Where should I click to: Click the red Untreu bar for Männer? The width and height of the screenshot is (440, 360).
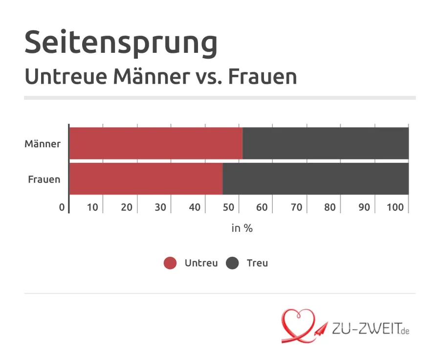[x=155, y=143]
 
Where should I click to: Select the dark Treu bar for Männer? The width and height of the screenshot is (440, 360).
[x=326, y=143]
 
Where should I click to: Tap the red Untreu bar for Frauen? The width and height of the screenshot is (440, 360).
[x=146, y=179]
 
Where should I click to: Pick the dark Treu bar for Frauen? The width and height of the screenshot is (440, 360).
[x=316, y=179]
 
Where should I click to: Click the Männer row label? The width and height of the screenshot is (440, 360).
[x=43, y=144]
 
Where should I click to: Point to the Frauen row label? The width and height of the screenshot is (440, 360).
[x=44, y=179]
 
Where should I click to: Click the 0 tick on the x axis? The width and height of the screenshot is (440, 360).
[x=62, y=207]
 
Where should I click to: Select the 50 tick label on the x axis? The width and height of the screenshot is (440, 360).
[x=228, y=207]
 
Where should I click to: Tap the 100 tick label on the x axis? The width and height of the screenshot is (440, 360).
[x=395, y=207]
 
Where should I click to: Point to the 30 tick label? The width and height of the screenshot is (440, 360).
[x=160, y=207]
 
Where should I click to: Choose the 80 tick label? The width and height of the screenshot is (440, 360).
[x=330, y=207]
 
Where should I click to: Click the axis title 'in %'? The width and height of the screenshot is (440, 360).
[x=242, y=228]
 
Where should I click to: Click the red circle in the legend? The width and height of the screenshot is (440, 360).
[x=170, y=263]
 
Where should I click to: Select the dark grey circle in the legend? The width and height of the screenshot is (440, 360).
[x=232, y=263]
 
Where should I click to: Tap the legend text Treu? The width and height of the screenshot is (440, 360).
[x=257, y=263]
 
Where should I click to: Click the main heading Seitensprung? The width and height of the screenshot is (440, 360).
[x=121, y=43]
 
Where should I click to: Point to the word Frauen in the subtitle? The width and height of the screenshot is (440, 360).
[x=263, y=77]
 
